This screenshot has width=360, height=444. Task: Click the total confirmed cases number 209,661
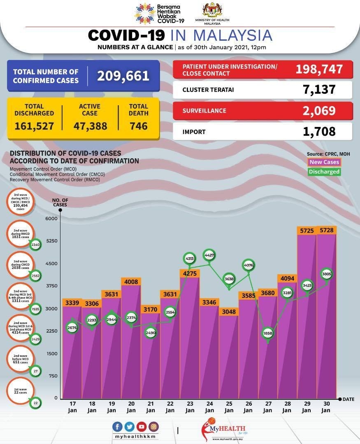[x=123, y=76]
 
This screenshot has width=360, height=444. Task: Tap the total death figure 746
[x=138, y=126]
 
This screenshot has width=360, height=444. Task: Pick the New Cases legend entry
[x=324, y=162]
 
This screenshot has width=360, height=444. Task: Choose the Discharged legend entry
[x=324, y=172]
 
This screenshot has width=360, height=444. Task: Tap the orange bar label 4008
[x=131, y=282]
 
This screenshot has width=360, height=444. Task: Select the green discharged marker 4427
[x=209, y=255]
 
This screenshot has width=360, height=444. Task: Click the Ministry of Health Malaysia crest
[x=212, y=11]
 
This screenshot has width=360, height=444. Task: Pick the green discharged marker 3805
[x=327, y=274]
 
